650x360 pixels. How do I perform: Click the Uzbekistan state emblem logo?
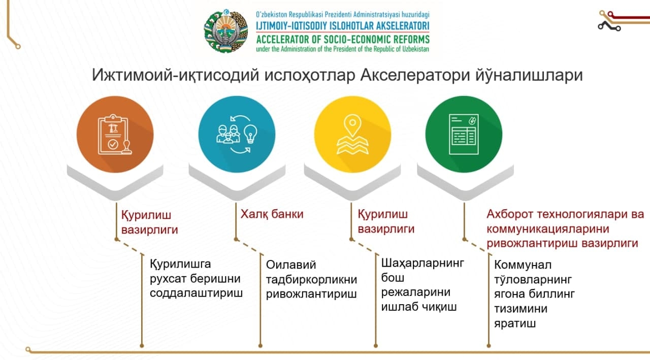[226, 31]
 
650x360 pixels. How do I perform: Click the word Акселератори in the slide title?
[415, 75]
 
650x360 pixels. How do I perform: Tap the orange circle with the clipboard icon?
[115, 135]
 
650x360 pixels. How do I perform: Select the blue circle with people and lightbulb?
[237, 135]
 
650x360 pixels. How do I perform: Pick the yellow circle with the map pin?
[352, 135]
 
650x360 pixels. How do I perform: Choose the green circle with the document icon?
[464, 135]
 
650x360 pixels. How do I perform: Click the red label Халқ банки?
[272, 214]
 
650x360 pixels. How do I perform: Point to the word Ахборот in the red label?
[509, 214]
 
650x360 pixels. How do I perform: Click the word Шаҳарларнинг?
[422, 264]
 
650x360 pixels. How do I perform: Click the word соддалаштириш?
[196, 293]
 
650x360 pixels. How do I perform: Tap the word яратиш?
[515, 324]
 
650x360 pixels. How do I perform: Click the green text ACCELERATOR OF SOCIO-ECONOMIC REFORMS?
[343, 39]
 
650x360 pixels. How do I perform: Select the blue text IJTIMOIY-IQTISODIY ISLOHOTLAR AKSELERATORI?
[342, 26]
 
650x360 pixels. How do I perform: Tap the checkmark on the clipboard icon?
[113, 144]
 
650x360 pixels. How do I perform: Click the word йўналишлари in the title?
[529, 75]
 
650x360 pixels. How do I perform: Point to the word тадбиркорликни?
[311, 280]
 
